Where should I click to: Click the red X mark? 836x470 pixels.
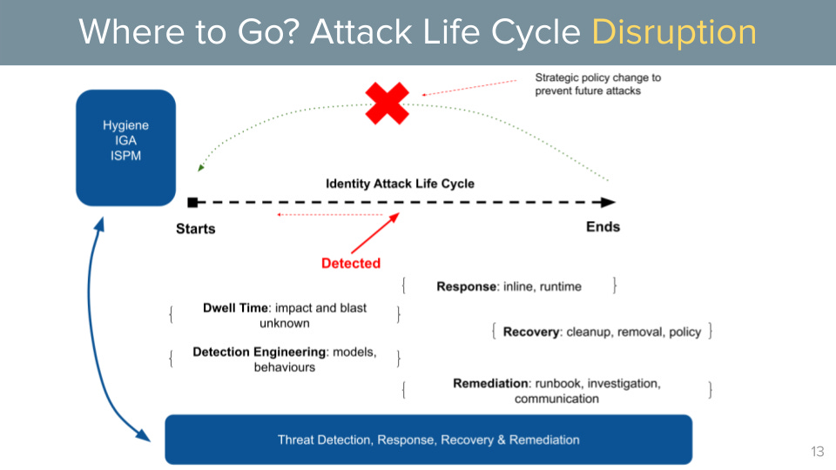tap(387, 104)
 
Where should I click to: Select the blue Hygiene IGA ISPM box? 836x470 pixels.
tap(125, 148)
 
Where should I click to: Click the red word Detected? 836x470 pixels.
tap(351, 263)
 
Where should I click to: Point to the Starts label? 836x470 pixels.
tap(195, 229)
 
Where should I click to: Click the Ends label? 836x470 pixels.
tap(603, 226)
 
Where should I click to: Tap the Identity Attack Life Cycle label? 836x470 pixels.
tap(400, 184)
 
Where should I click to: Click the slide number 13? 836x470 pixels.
tap(816, 451)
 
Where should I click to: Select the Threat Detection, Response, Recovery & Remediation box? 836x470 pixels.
tap(428, 440)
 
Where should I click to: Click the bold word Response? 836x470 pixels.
tap(466, 286)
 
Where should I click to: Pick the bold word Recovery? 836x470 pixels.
tap(531, 332)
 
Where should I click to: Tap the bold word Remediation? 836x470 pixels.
tap(490, 384)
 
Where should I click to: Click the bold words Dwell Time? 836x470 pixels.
tap(235, 308)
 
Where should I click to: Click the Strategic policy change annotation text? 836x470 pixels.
tap(597, 84)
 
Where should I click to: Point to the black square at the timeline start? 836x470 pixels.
tap(192, 202)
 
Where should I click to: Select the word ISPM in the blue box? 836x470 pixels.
tap(125, 157)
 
